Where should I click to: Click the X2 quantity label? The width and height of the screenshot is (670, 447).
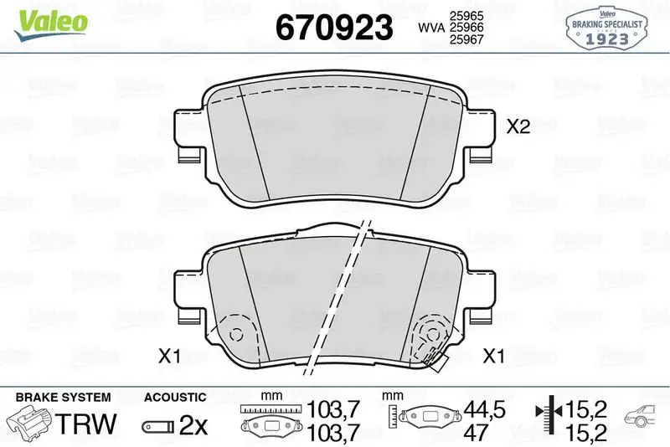coord(519,127)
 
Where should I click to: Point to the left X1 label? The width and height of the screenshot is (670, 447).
coord(170,357)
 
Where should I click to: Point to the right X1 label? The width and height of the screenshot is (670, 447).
coord(494,357)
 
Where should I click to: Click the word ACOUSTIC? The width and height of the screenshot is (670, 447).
coord(174,397)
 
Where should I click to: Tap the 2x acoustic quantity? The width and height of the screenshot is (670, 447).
coord(193,424)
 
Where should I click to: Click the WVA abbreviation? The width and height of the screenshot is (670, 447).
coord(430,28)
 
